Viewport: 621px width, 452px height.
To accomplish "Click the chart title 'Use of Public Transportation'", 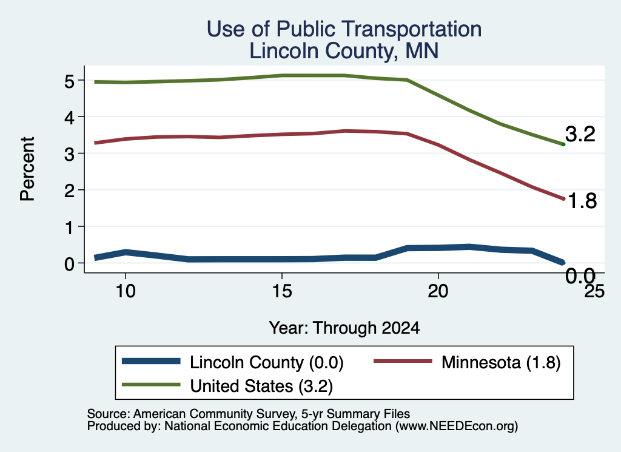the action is [344, 29].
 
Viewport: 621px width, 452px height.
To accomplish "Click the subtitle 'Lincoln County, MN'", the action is [344, 52].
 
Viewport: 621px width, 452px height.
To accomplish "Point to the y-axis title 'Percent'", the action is [27, 169].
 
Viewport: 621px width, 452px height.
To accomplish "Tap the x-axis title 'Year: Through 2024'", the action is [344, 328].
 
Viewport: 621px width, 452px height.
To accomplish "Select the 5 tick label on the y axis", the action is [69, 82].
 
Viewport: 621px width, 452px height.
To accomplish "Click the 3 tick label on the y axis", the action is [69, 155].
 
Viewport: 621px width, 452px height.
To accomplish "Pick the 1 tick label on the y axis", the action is [70, 228].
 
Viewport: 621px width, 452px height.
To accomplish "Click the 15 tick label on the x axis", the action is [282, 292].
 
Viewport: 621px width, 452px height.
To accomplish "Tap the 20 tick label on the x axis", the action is [438, 292].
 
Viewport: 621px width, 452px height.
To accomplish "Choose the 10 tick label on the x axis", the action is [126, 292].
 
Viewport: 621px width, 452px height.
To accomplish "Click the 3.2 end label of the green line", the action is [580, 134].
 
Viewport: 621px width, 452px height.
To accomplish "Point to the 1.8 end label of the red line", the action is [582, 201].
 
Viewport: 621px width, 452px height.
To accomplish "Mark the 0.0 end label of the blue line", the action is [580, 275].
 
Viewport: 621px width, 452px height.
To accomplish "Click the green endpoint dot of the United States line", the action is [563, 144].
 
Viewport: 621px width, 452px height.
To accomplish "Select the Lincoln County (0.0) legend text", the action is [267, 362].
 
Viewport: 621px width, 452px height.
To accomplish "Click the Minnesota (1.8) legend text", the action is [501, 362].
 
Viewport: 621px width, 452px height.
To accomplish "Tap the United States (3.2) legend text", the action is [261, 386].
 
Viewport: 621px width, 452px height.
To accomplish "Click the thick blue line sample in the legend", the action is [151, 361].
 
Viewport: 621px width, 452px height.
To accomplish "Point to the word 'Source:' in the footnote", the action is [109, 414].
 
